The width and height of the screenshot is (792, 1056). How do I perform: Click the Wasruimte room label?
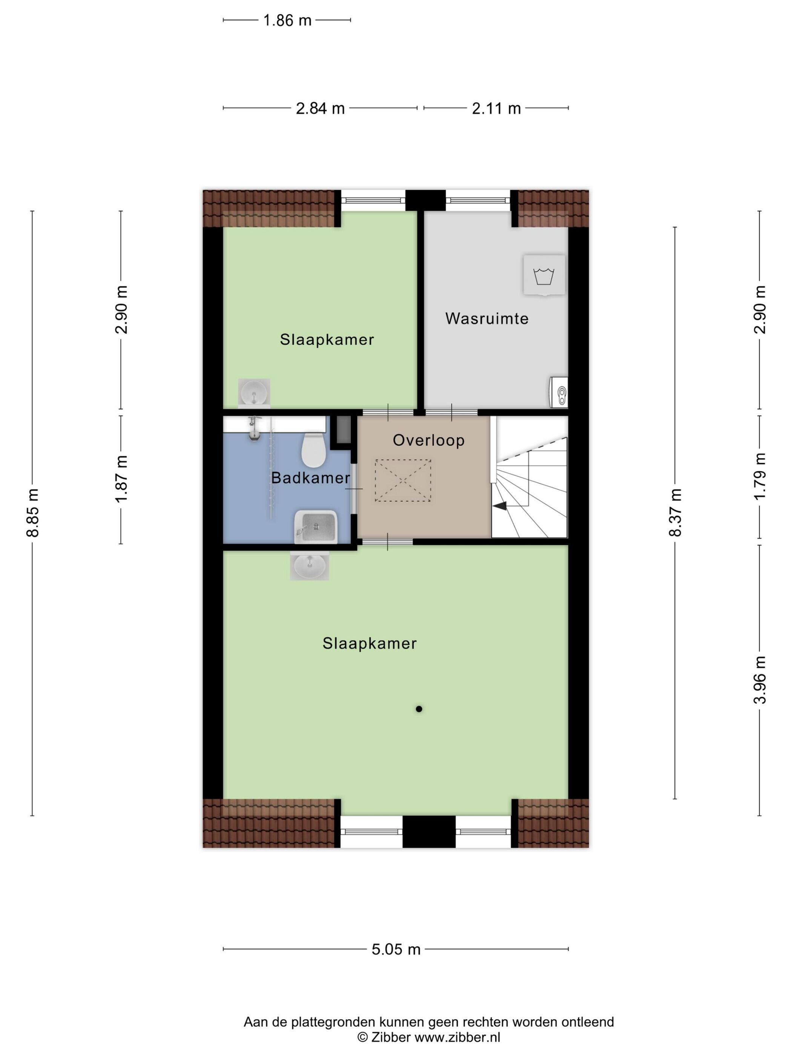487,318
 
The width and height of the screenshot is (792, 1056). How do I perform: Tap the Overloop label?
429,440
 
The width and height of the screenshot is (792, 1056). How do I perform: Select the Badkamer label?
311,477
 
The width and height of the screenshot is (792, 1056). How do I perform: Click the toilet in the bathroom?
314,449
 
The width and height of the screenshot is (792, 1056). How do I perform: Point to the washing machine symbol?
544,275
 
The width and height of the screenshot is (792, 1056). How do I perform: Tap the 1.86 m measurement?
287,20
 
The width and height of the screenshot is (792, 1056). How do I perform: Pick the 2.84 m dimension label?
320,108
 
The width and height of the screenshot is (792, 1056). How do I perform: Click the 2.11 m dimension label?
496,108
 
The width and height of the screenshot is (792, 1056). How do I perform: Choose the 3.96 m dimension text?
760,680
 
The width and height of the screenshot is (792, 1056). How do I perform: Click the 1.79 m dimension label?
760,476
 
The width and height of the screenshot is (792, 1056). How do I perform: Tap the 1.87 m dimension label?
121,478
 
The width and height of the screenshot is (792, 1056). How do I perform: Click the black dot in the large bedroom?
419,709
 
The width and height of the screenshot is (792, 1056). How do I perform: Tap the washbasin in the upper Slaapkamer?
254,393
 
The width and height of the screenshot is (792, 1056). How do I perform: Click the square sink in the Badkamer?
316,527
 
